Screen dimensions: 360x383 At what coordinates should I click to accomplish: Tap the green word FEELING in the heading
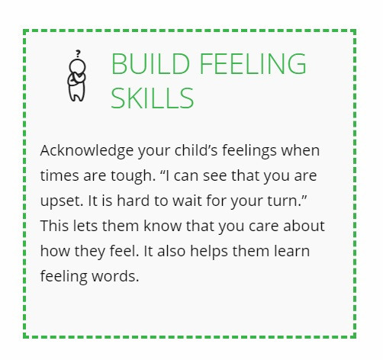click(247, 65)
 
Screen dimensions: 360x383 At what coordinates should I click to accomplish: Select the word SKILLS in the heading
click(153, 98)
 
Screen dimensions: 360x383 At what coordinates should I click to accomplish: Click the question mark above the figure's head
click(77, 53)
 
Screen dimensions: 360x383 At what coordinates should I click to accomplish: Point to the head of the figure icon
click(76, 66)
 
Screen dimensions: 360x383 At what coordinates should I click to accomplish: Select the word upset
click(59, 201)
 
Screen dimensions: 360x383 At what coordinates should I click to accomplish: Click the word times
click(59, 175)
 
